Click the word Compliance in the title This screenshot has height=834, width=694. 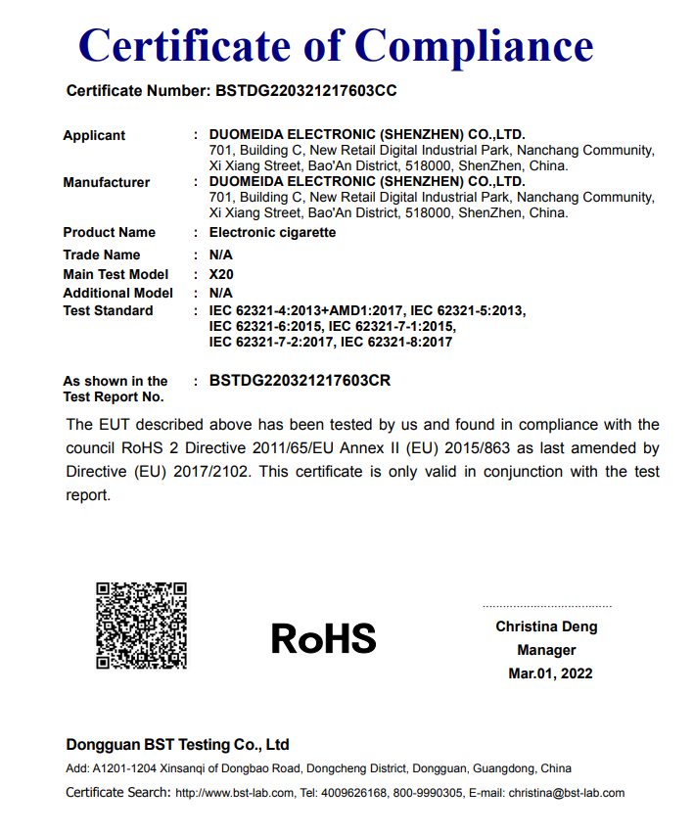[x=474, y=46]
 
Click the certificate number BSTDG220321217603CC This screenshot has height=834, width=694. [x=304, y=91]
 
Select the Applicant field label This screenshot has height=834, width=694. [x=94, y=135]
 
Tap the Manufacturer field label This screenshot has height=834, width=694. [x=107, y=182]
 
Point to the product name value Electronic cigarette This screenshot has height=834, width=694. [x=272, y=232]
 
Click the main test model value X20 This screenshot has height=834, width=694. [x=221, y=274]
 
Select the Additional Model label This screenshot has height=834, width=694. [x=117, y=293]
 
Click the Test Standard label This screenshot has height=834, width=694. [x=108, y=310]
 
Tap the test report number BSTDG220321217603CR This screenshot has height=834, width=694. [x=300, y=381]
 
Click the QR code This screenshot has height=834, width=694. [x=141, y=625]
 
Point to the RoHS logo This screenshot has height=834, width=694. [x=323, y=639]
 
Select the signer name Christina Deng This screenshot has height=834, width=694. [x=546, y=626]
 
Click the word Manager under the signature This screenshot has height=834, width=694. [x=546, y=650]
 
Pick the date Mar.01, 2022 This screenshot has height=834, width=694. [x=550, y=673]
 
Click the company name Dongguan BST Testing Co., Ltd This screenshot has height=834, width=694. [x=177, y=744]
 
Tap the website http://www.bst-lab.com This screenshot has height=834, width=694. [x=234, y=793]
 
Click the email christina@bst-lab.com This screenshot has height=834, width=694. [x=566, y=793]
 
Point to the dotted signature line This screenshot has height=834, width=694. [x=546, y=607]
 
